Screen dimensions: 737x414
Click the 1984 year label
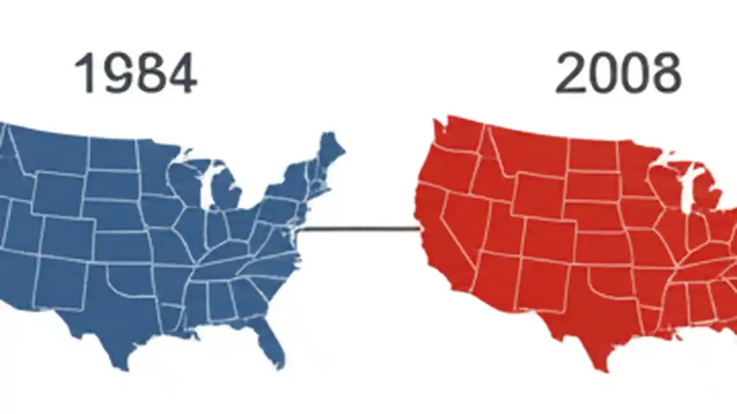[136, 73]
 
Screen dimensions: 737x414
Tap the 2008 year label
[618, 73]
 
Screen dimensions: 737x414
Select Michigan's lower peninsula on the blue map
[226, 193]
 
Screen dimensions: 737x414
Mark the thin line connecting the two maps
[360, 229]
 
